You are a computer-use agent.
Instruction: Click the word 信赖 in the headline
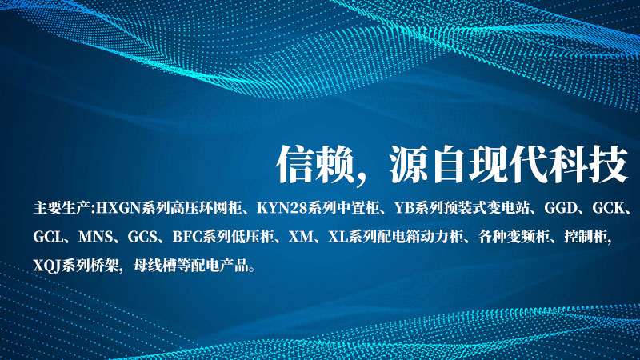[315, 164]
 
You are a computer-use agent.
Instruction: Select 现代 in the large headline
[507, 164]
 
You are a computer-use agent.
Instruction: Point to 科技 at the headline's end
[589, 164]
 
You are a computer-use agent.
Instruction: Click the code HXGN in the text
[118, 209]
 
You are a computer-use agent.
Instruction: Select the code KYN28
[282, 209]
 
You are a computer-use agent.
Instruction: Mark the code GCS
[142, 237]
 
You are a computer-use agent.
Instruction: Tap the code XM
[302, 237]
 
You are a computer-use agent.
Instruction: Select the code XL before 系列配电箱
[338, 237]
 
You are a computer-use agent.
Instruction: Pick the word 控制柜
[586, 237]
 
